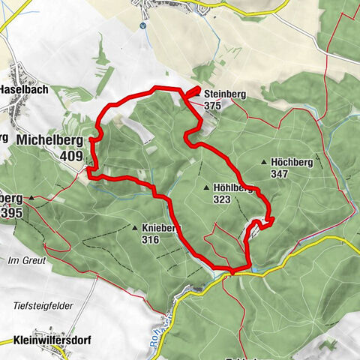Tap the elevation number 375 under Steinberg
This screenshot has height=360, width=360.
(x=212, y=106)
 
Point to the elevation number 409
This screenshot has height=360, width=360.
(x=72, y=155)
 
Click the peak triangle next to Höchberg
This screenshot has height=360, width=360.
(x=264, y=162)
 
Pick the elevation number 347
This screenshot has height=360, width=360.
(x=281, y=173)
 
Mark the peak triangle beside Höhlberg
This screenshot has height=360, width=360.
(x=206, y=188)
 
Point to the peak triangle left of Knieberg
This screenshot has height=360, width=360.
(x=135, y=228)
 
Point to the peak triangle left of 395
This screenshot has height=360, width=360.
(x=32, y=198)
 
